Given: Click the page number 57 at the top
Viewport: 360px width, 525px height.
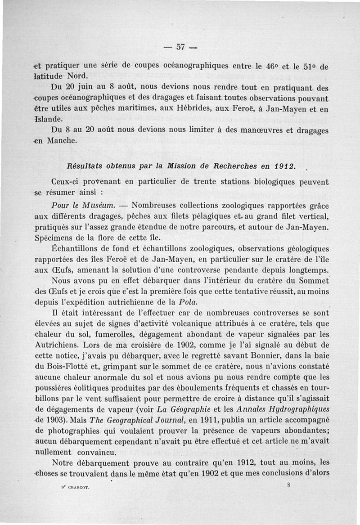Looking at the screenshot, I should [181, 47].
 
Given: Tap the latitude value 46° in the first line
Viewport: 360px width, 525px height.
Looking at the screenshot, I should [271, 65].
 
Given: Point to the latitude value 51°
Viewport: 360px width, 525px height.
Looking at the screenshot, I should [306, 65].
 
